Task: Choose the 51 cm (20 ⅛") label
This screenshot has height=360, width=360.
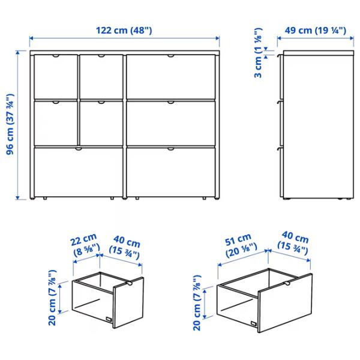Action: pyautogui.click(x=239, y=245)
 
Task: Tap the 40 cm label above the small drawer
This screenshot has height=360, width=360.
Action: pyautogui.click(x=127, y=248)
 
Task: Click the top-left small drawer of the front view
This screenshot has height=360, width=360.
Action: pyautogui.click(x=56, y=76)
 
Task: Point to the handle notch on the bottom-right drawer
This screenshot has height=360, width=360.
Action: pyautogui.click(x=171, y=148)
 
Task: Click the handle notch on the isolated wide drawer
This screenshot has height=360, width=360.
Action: pyautogui.click(x=287, y=283)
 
